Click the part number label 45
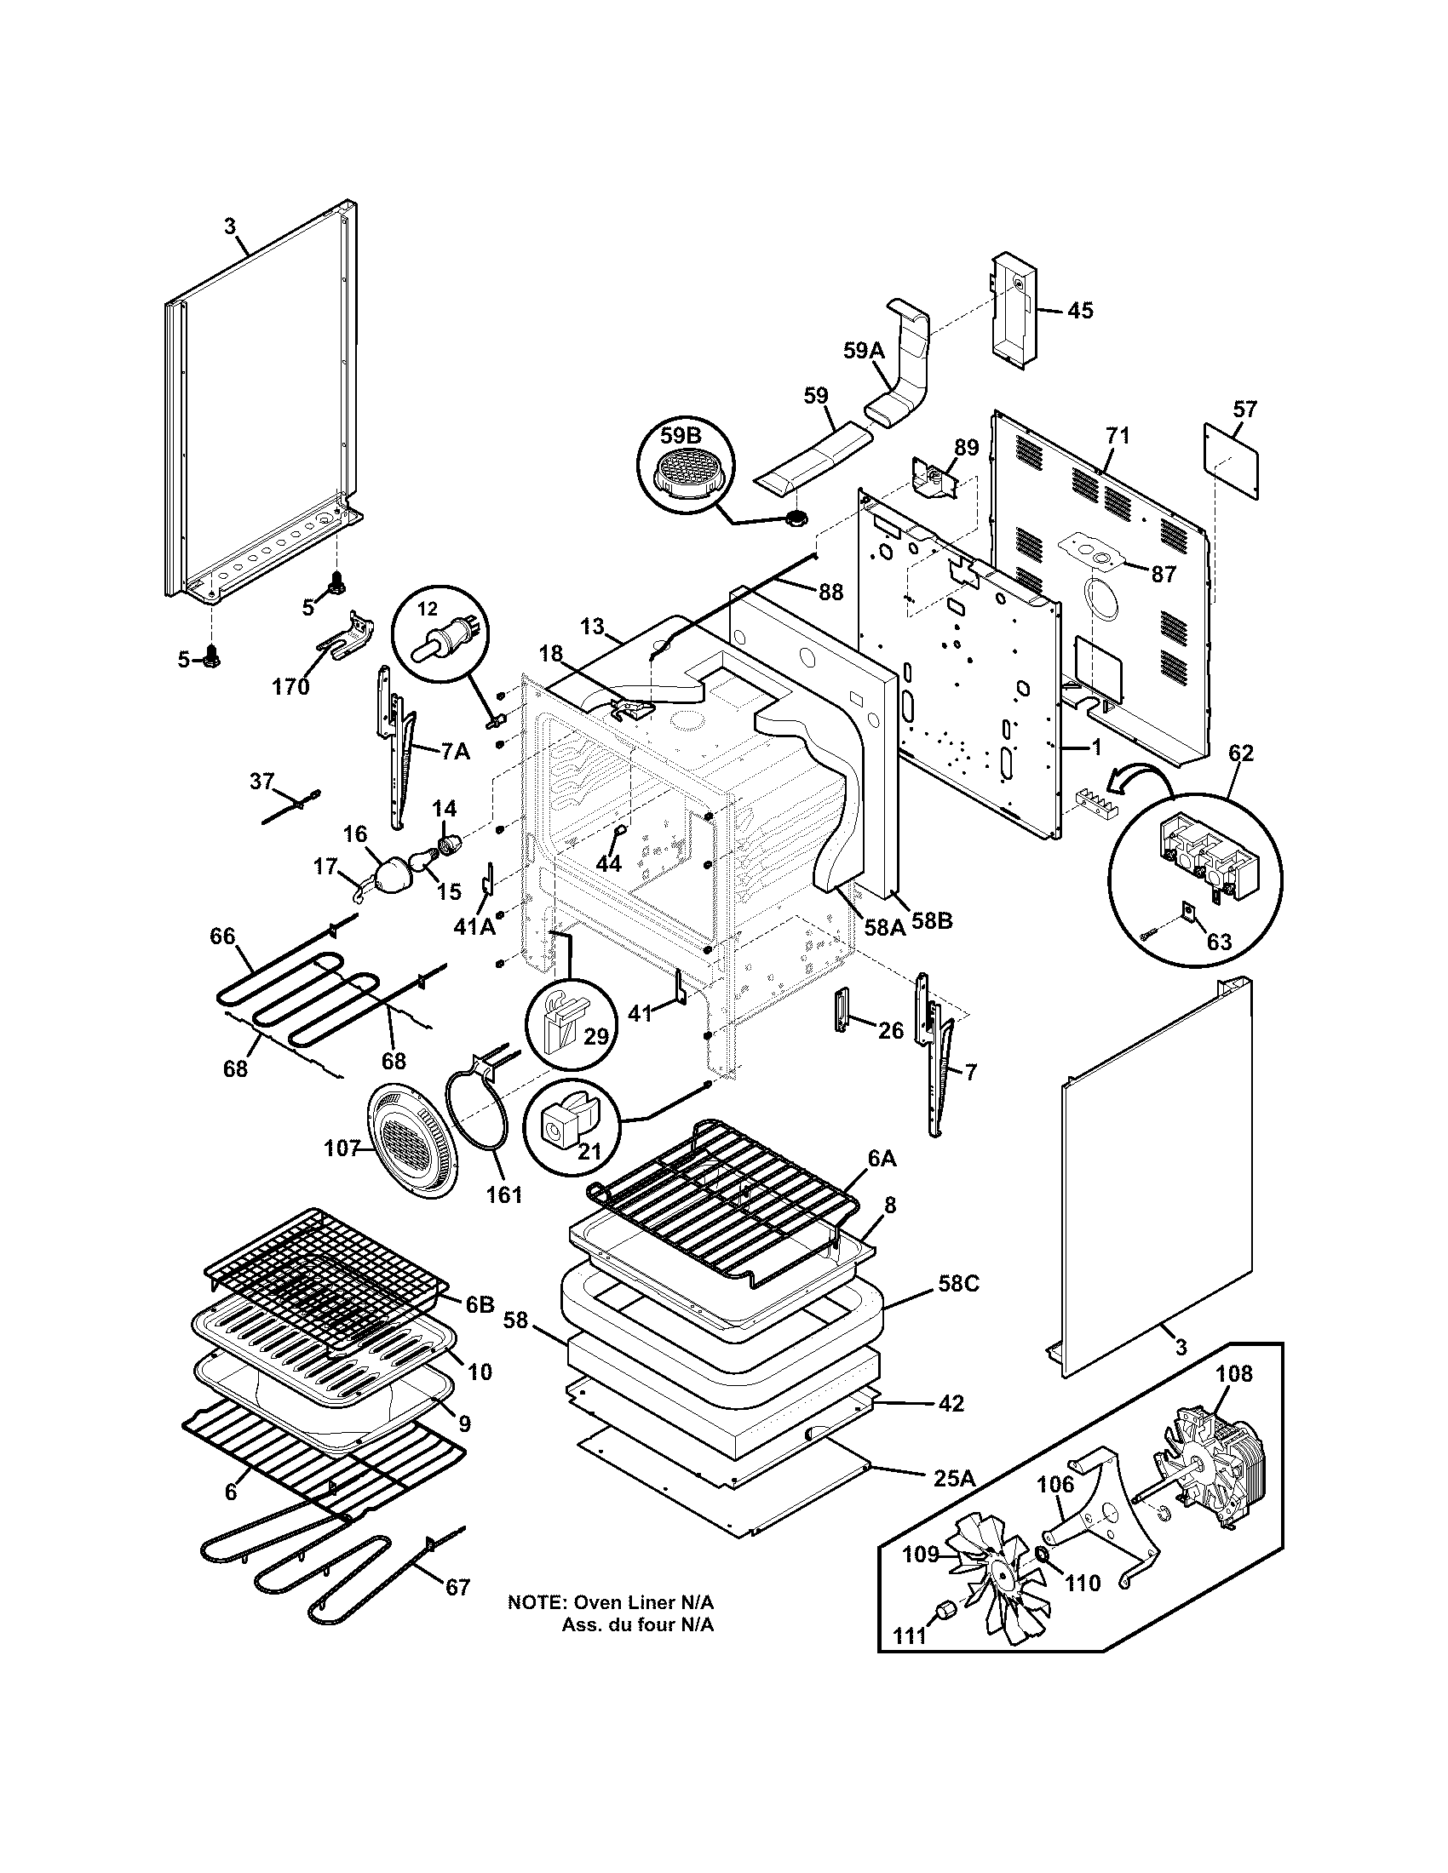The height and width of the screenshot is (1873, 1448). (x=1080, y=311)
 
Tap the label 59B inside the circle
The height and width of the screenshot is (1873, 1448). (x=681, y=436)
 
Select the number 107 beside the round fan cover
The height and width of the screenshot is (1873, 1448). (x=341, y=1148)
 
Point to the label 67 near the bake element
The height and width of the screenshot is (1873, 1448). (x=458, y=1588)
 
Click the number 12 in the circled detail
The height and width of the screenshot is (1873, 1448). (x=428, y=608)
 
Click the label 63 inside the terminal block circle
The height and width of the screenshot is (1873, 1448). (x=1218, y=942)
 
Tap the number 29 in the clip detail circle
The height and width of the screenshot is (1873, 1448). (x=595, y=1036)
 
